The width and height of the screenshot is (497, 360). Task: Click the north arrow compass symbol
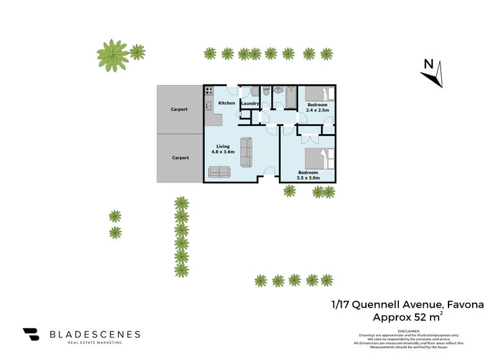tap(432, 74)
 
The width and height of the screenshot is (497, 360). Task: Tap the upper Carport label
tap(180, 110)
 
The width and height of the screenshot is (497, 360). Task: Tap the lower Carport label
tap(180, 158)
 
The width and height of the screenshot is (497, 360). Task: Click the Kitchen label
tap(227, 103)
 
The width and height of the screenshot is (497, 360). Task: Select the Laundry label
tap(250, 103)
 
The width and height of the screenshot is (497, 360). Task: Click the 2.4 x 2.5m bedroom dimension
tap(317, 110)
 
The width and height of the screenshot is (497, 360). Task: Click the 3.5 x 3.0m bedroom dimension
tap(309, 178)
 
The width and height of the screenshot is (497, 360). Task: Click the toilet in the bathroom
tap(266, 92)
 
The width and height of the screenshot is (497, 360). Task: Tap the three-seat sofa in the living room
tap(247, 152)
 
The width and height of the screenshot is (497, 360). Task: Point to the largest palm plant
tap(113, 55)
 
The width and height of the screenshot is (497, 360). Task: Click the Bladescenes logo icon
tap(32, 335)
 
